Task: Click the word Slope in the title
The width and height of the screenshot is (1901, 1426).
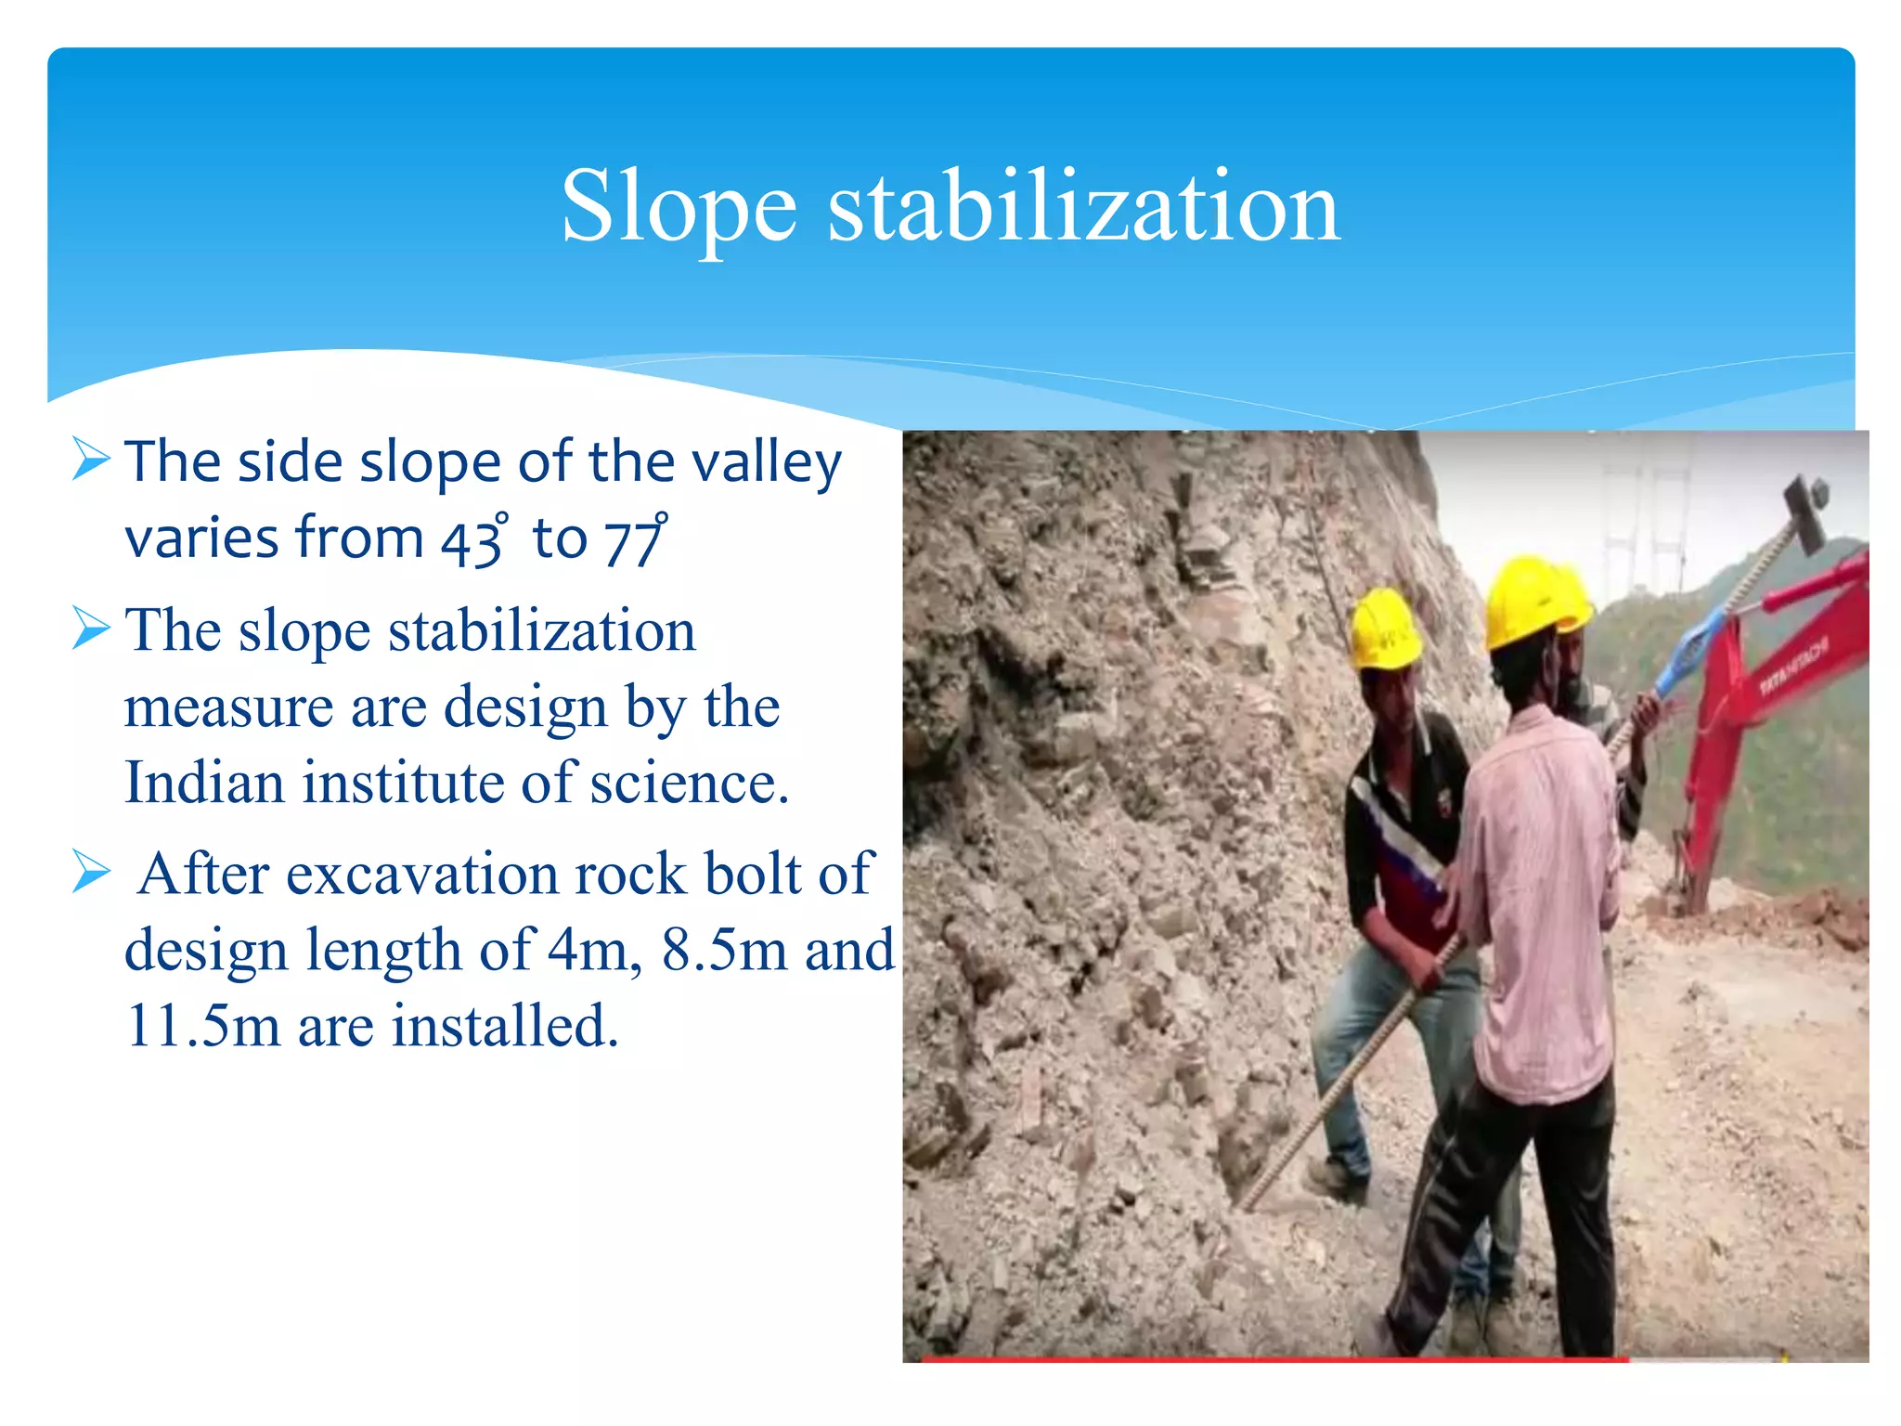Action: [x=679, y=208]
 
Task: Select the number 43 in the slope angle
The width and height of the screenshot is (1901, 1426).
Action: [x=472, y=540]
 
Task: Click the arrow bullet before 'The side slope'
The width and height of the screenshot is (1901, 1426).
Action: [x=91, y=459]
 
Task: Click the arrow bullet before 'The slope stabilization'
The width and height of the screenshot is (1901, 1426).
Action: [x=91, y=629]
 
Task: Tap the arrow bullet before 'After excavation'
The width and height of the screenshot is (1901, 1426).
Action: [x=91, y=873]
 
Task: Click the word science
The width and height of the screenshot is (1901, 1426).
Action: [x=689, y=782]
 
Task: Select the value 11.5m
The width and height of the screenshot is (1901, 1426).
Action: [x=202, y=1026]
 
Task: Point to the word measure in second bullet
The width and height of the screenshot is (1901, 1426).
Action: [x=226, y=707]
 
